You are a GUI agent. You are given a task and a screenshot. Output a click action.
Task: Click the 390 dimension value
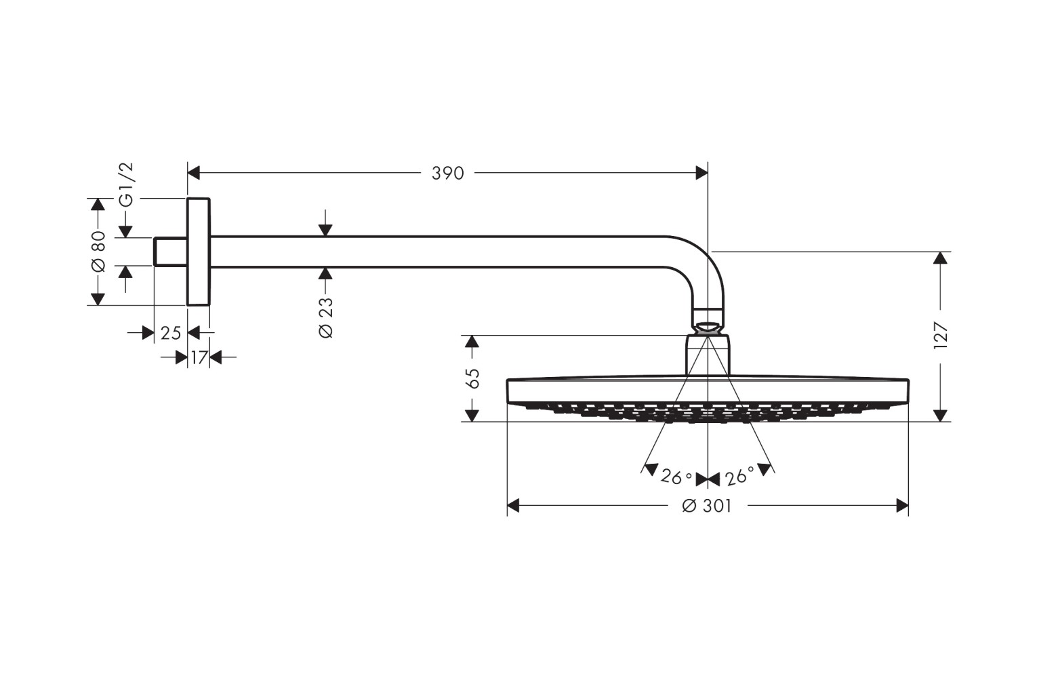tap(448, 174)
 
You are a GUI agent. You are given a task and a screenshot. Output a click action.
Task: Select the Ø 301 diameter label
tap(707, 506)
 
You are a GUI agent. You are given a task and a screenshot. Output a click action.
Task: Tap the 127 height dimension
tap(940, 336)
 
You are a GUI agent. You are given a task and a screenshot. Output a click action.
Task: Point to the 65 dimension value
tap(473, 378)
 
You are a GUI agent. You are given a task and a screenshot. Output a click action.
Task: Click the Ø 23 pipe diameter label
tap(326, 317)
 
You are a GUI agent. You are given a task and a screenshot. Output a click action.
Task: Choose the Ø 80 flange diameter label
tap(98, 251)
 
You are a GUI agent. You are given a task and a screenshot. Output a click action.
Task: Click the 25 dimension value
tap(171, 333)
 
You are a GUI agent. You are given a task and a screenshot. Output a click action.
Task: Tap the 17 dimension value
tap(198, 357)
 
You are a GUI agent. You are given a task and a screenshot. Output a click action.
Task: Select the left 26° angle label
tap(676, 477)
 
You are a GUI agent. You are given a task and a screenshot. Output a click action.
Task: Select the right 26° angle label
tap(739, 477)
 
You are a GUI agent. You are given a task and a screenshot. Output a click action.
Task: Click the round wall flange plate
tap(199, 252)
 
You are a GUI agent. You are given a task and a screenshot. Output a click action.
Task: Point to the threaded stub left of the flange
tap(170, 252)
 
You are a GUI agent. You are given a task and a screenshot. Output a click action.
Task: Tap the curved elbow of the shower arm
tap(698, 261)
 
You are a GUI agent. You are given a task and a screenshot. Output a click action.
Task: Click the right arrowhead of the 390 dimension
tap(701, 174)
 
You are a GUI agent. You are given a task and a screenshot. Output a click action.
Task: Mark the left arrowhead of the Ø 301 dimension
tap(514, 506)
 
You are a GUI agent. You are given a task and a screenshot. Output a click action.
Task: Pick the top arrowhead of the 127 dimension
tap(940, 258)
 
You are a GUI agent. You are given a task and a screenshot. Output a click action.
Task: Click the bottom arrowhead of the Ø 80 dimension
tap(98, 298)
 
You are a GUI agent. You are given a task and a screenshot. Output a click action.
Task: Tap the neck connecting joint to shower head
tap(708, 355)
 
